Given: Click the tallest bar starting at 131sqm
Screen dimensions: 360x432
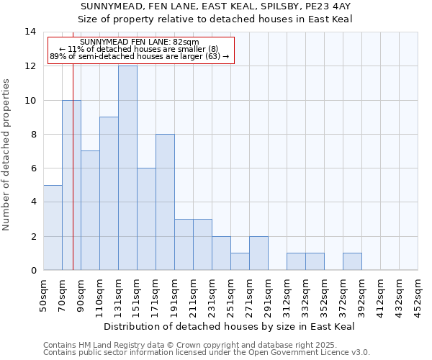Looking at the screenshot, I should pyautogui.click(x=127, y=168).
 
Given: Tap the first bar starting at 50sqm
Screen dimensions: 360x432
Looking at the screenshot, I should pyautogui.click(x=53, y=228).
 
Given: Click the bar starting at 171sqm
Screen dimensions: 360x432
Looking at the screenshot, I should pyautogui.click(x=165, y=202).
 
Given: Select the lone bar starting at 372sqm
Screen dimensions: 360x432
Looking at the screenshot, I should pyautogui.click(x=352, y=262).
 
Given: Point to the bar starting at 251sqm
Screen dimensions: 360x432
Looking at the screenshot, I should pyautogui.click(x=240, y=262).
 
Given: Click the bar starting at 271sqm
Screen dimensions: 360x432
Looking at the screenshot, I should pyautogui.click(x=258, y=253).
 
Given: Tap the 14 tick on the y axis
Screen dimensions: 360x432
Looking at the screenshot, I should pyautogui.click(x=31, y=32).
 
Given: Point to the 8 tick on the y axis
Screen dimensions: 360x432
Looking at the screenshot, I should pyautogui.click(x=33, y=134).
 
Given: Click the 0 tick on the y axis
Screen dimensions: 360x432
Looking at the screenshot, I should pyautogui.click(x=33, y=271).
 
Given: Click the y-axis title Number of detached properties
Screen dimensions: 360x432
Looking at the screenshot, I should pyautogui.click(x=7, y=155).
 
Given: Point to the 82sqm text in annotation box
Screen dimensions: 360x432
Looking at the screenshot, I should pyautogui.click(x=184, y=42).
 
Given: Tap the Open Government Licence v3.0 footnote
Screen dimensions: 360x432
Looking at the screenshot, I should pyautogui.click(x=302, y=353).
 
